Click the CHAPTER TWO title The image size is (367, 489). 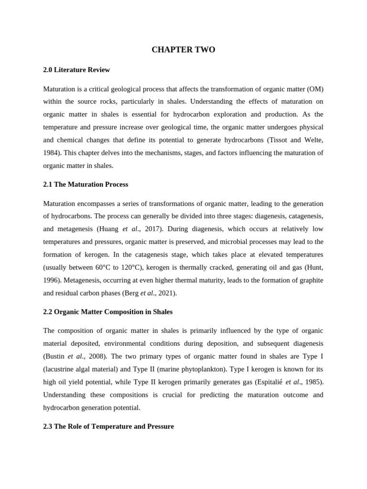(x=183, y=50)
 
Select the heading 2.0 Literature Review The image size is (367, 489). (x=76, y=70)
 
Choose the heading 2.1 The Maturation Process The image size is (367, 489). (x=86, y=184)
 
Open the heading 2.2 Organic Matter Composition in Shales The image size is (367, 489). (x=108, y=312)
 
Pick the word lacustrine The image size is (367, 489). (x=62, y=369)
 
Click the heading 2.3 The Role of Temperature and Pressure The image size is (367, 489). (x=108, y=426)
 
